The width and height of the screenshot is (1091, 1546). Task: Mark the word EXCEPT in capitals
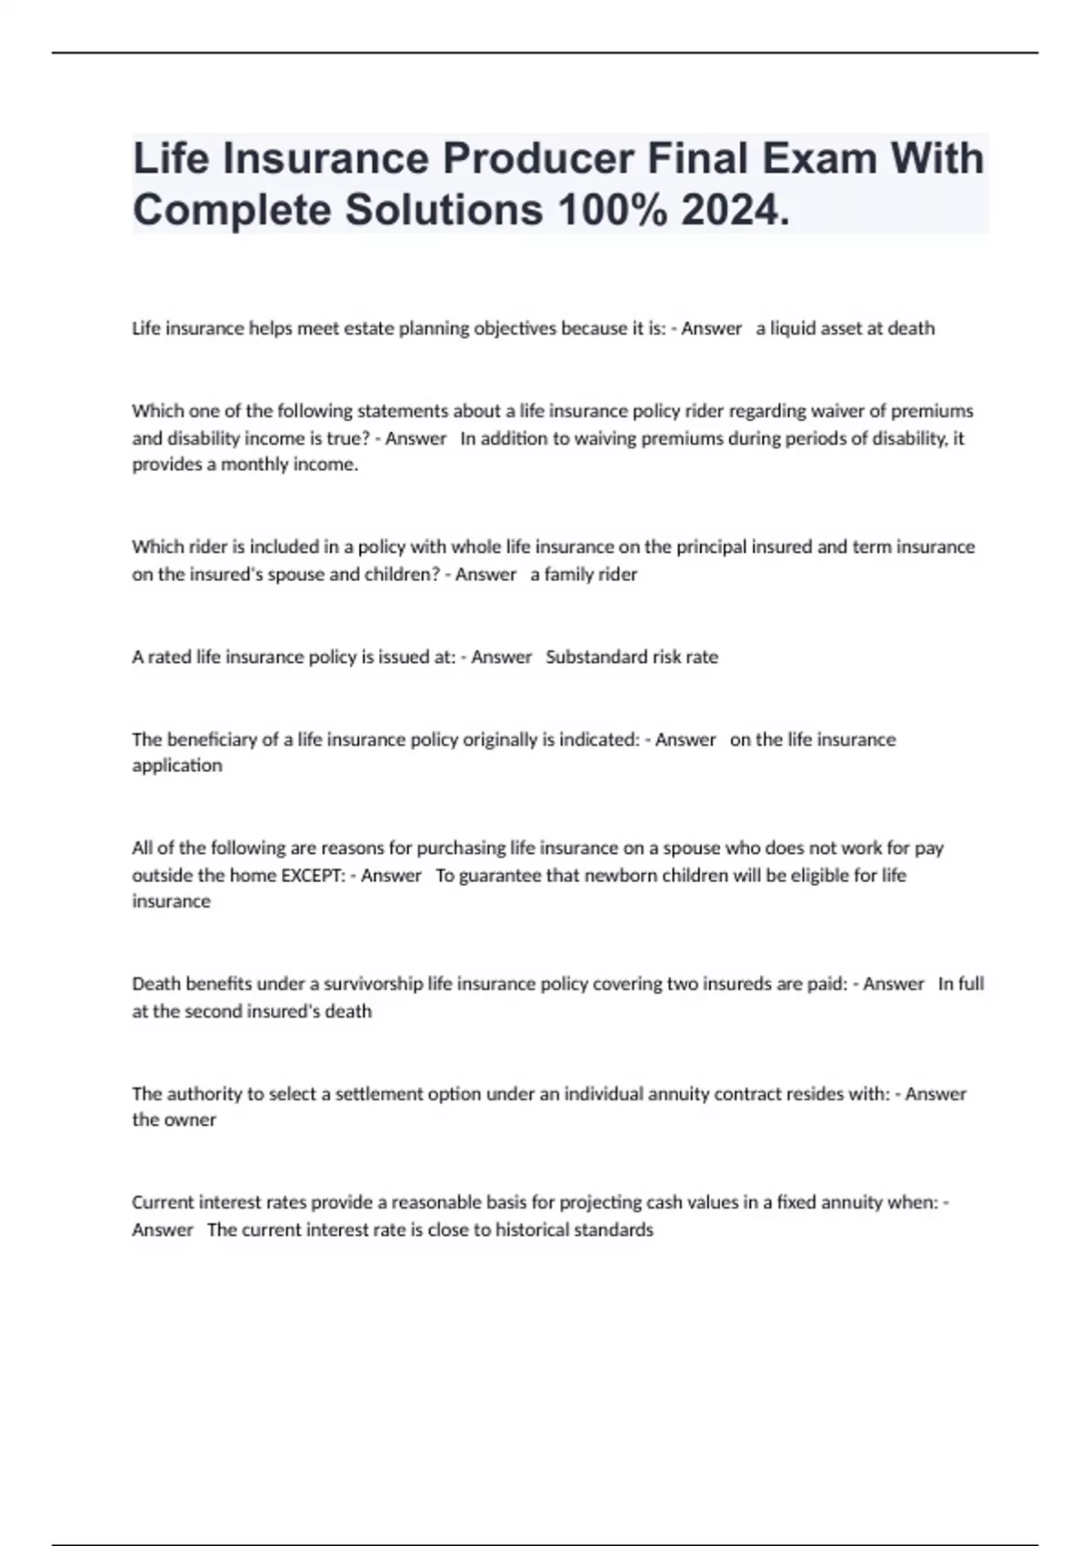313,876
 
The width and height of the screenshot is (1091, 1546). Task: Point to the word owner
190,1120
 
